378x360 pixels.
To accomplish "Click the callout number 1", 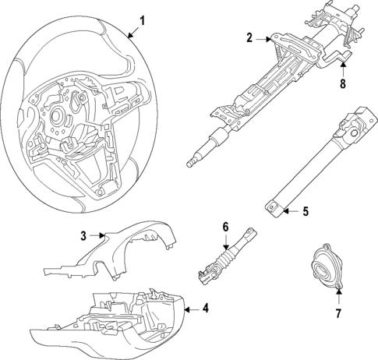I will point(141,19).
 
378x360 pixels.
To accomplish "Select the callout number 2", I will point(250,37).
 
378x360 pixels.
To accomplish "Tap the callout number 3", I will point(83,234).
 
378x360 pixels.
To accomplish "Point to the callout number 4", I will point(205,309).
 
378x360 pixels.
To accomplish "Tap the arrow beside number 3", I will point(98,234).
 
